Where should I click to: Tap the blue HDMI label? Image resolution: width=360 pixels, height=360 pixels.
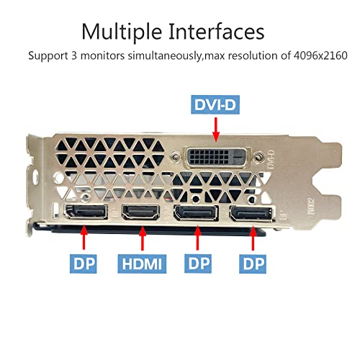pyautogui.click(x=143, y=264)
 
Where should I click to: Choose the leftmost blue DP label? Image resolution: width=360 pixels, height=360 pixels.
pyautogui.click(x=83, y=264)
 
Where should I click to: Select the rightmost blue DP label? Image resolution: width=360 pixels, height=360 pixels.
pyautogui.click(x=252, y=264)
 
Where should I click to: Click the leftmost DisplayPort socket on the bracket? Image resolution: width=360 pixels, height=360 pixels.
pyautogui.click(x=86, y=213)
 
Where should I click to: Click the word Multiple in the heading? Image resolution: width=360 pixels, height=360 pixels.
pyautogui.click(x=121, y=32)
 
